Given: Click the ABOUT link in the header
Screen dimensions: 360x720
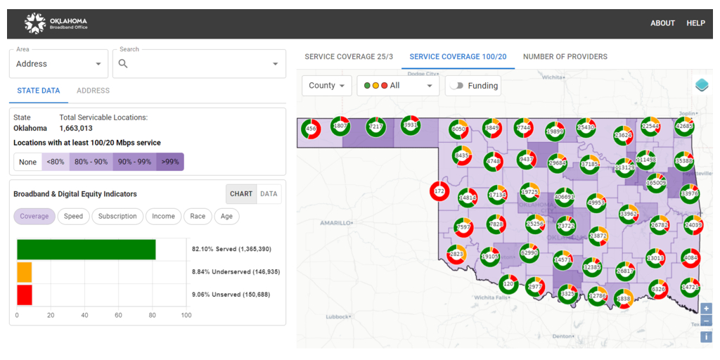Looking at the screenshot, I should tap(662, 23).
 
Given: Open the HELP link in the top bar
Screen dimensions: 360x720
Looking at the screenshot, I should tap(695, 23).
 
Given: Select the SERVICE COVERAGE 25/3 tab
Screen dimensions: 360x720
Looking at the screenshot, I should tap(348, 57).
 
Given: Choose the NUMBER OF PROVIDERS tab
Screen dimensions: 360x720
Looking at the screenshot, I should tap(565, 57).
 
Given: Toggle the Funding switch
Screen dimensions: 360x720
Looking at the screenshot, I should tap(458, 86).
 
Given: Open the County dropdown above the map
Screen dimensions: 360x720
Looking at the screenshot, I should tap(327, 86).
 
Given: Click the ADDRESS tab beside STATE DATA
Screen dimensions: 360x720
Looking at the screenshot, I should tap(93, 91).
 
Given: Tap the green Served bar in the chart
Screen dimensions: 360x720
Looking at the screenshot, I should tap(86, 250).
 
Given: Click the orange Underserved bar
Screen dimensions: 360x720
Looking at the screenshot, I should tap(25, 272).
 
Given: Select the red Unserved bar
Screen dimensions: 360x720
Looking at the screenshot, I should tap(25, 295).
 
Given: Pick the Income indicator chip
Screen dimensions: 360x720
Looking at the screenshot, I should tap(163, 217).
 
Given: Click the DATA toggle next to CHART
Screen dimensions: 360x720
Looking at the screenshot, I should tap(269, 194).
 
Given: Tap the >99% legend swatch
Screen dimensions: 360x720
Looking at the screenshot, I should tap(170, 162).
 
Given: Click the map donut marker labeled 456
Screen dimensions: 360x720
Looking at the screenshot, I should tap(311, 129).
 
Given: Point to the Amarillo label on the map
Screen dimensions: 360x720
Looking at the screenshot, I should tap(336, 223).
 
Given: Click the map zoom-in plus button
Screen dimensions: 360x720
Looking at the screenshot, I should tap(706, 309).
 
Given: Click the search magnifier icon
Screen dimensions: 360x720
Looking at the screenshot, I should tap(123, 64).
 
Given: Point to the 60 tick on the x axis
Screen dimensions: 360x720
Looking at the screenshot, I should tap(118, 316).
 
